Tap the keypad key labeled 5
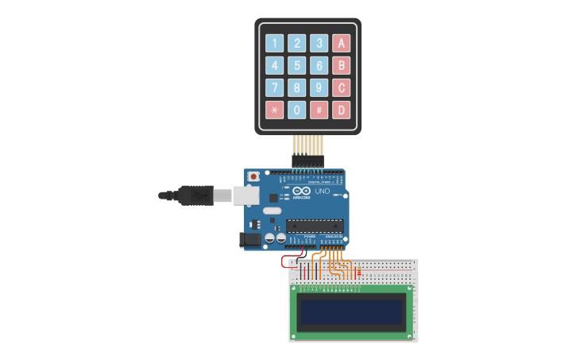tap(296, 65)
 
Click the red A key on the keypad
tap(341, 43)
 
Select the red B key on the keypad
tap(341, 65)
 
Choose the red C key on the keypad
tap(341, 87)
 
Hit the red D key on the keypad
tap(341, 110)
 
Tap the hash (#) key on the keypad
tap(319, 110)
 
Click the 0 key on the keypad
tap(296, 110)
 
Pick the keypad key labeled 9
tap(319, 87)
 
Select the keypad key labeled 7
tap(274, 87)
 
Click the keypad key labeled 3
tap(319, 43)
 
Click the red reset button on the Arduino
tap(253, 176)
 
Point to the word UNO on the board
tap(322, 192)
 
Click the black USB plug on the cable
tap(194, 195)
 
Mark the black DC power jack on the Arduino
tap(250, 238)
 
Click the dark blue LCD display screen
tap(351, 311)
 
